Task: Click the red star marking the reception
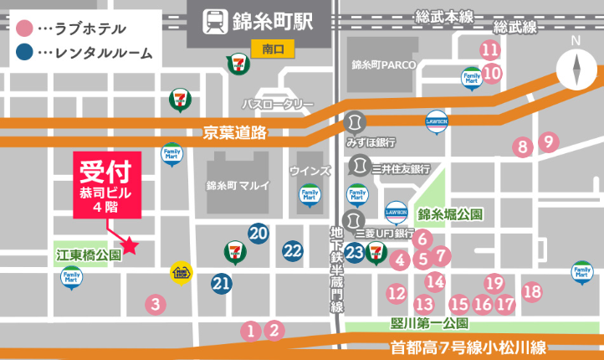tap(131, 245)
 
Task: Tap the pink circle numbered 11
tap(490, 49)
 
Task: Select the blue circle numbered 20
tap(258, 233)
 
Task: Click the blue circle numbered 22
tap(292, 249)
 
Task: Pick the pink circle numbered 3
tap(154, 304)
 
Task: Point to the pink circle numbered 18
tap(531, 291)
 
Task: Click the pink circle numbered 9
tap(548, 141)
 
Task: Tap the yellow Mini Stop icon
tap(182, 272)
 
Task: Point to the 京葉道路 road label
tap(234, 132)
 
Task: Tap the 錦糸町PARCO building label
tap(377, 64)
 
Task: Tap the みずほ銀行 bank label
tap(371, 142)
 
